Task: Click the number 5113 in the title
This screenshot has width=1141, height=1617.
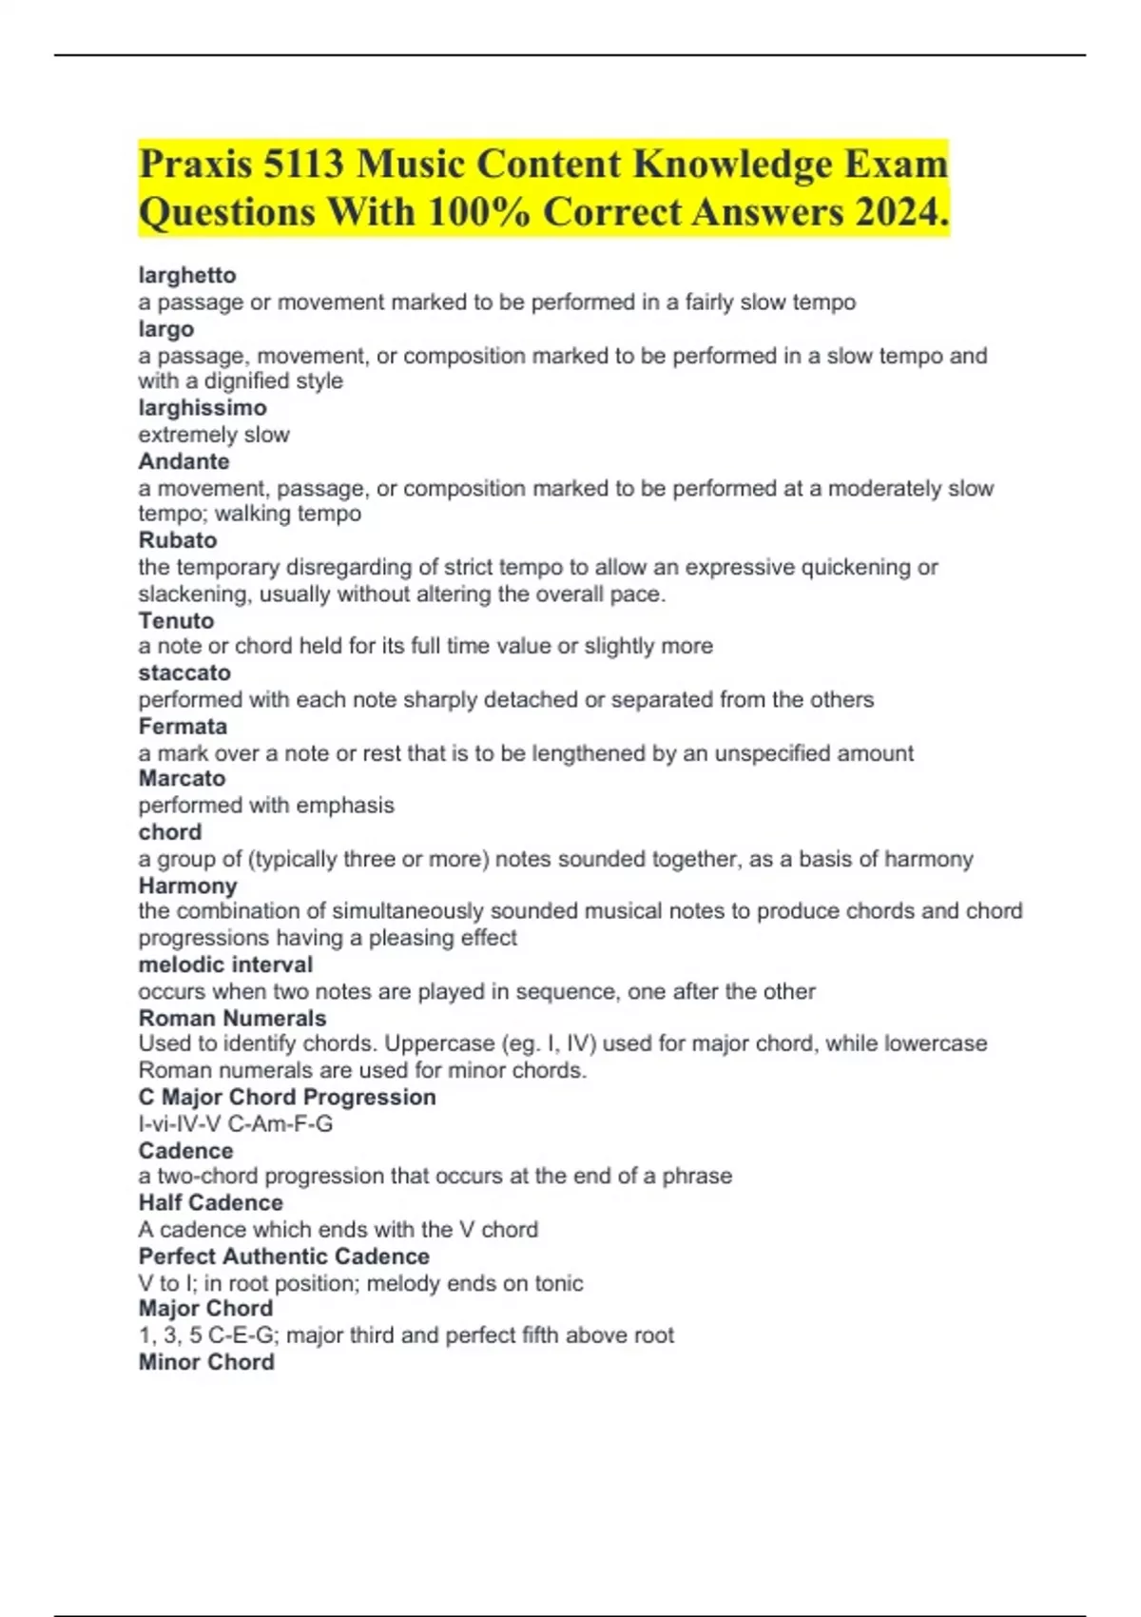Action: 303,165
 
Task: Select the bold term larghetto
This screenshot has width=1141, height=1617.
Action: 187,275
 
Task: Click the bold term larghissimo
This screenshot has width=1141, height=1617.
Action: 203,407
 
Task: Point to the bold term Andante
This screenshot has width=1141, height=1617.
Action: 184,461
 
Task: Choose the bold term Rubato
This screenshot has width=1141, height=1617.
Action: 178,540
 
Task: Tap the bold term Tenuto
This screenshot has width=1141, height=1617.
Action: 176,620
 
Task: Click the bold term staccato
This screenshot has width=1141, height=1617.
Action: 184,672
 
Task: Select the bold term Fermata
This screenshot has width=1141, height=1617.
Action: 183,727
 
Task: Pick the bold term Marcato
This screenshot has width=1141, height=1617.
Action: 182,778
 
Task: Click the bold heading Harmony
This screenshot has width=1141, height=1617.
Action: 187,886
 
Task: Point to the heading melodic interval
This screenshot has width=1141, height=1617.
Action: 225,964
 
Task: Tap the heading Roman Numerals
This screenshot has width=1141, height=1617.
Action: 232,1018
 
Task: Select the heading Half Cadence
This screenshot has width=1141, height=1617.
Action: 210,1202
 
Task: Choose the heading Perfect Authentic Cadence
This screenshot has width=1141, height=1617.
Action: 283,1257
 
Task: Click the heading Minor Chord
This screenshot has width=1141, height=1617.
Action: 206,1362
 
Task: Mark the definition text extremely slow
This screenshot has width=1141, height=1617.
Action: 214,435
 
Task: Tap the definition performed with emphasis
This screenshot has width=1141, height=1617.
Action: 266,805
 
